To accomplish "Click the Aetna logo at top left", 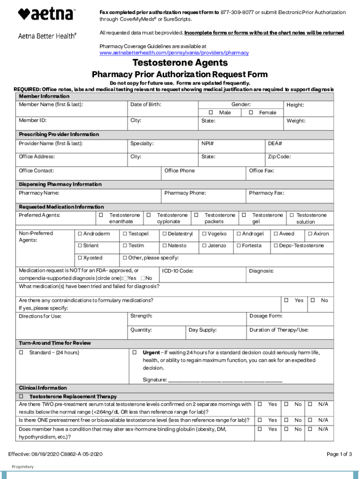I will point(46,14).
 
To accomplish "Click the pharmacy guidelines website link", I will point(174,53).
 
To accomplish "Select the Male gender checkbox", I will point(211,113).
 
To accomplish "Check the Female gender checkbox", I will point(251,113).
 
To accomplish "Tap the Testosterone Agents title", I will point(180,63).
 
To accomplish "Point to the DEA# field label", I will point(274,144).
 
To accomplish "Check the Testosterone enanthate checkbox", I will point(101,215).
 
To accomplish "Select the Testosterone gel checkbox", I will point(244,215).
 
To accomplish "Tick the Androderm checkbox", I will point(80,234).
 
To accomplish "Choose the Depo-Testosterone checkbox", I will point(276,246).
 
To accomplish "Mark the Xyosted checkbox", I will point(80,258).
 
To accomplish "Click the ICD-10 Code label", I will point(178,271).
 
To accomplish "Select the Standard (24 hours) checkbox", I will point(21,352).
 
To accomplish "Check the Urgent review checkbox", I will point(134,352).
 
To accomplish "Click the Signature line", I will point(225,380).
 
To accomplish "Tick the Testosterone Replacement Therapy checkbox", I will point(21,396).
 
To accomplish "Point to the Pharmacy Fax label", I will point(266,193).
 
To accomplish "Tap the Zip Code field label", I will point(279,157).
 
